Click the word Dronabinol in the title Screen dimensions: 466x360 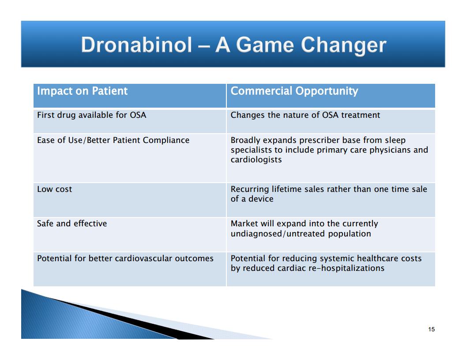click(137, 45)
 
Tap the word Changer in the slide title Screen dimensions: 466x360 click(344, 46)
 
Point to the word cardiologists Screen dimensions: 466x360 click(256, 160)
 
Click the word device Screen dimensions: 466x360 click(261, 199)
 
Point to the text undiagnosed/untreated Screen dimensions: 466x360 click(278, 234)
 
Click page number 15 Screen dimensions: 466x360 click(432, 329)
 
